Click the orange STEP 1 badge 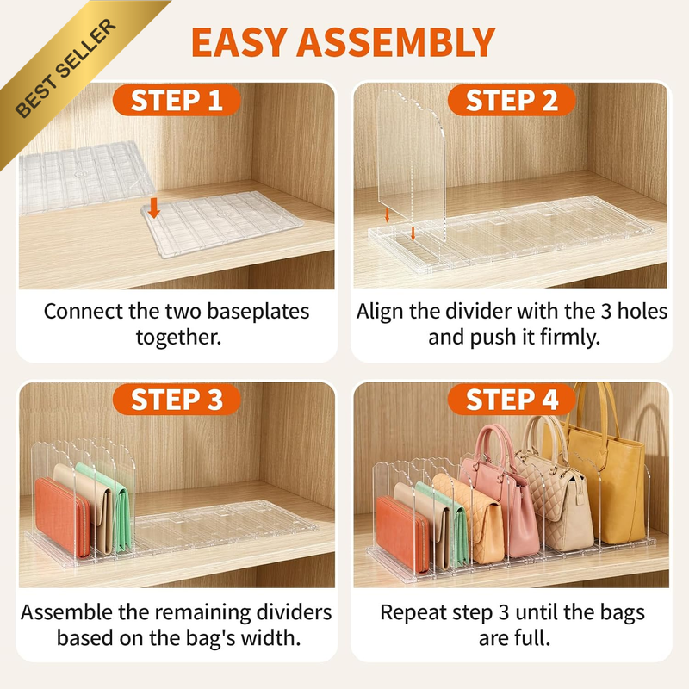[x=177, y=101]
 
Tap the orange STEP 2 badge [x=512, y=101]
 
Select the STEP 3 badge [x=177, y=400]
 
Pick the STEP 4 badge [x=512, y=400]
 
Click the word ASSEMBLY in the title [x=396, y=42]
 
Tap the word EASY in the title [x=239, y=42]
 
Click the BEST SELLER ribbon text [x=66, y=68]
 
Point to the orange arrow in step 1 [x=153, y=208]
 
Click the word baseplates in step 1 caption [x=258, y=312]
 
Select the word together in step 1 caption [x=179, y=338]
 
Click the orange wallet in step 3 [x=62, y=517]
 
